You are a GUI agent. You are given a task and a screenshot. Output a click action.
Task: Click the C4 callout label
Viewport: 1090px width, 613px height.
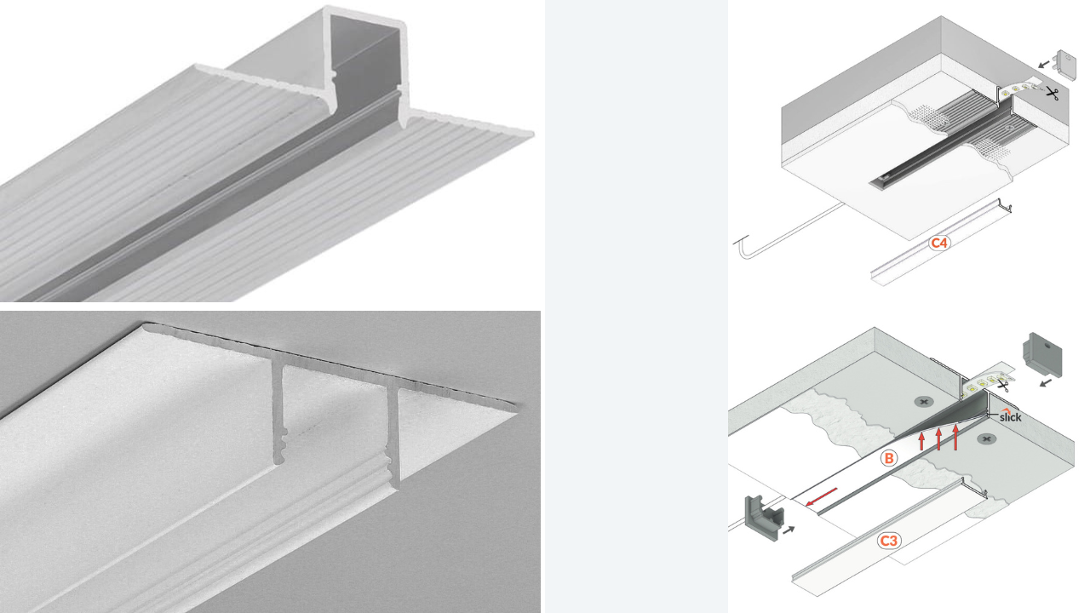point(938,243)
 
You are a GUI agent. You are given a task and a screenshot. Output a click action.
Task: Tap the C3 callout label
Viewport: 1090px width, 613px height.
point(888,541)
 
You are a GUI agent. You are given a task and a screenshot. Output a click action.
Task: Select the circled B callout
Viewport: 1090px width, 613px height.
point(888,458)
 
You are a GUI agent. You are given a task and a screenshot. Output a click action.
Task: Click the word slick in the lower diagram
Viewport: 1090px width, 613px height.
point(1010,416)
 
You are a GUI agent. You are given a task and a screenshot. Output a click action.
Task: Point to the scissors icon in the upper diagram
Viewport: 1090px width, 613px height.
point(1052,93)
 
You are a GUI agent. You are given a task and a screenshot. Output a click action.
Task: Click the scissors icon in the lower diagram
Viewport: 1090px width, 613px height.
point(1002,386)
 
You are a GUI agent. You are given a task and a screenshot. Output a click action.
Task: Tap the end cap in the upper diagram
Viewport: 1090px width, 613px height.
point(1065,65)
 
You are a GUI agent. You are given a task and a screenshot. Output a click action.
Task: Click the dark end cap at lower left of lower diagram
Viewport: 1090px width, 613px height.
point(764,518)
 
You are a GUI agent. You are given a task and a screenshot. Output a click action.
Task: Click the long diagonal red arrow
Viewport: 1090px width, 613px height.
point(822,496)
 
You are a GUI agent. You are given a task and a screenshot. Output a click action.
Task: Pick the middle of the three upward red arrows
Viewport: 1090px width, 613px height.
point(938,438)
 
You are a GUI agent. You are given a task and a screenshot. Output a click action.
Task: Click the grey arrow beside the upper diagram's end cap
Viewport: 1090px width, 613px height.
point(1044,64)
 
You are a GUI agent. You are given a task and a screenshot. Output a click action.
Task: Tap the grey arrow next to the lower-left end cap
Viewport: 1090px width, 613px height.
point(789,530)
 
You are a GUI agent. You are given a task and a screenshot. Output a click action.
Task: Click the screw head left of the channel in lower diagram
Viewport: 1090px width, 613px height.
point(924,402)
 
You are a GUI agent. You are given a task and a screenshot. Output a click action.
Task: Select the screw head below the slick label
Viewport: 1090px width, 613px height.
point(986,439)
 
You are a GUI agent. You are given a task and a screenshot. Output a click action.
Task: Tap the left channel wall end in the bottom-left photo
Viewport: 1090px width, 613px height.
point(278,414)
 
